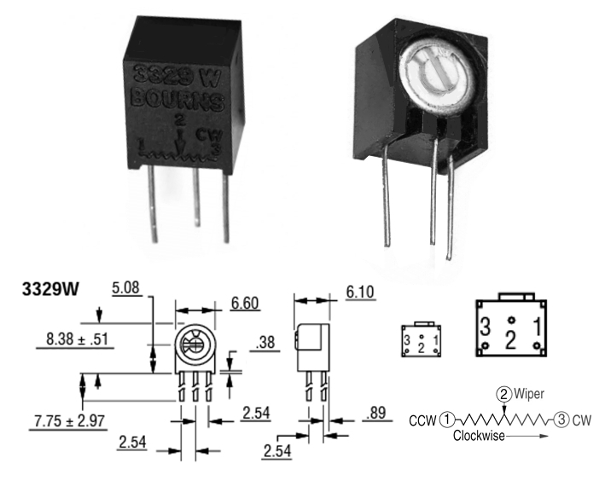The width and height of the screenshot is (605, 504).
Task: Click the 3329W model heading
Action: (x=50, y=290)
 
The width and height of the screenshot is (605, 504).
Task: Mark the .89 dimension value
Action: (x=375, y=414)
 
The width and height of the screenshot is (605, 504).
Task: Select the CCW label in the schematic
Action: (x=422, y=420)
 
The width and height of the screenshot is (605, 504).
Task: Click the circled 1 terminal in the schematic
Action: (x=449, y=419)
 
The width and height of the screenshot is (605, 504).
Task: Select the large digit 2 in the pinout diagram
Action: (x=510, y=340)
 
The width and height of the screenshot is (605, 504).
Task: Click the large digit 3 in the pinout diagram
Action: (x=485, y=327)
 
